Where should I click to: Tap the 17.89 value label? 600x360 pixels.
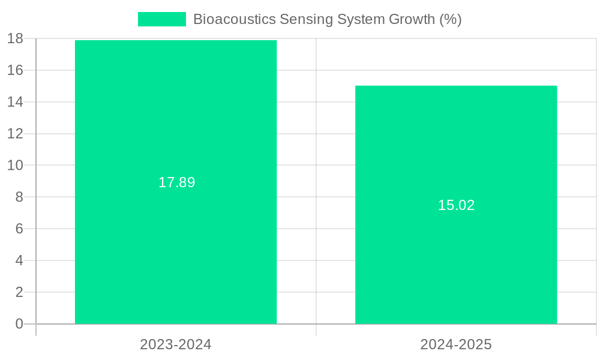point(176,182)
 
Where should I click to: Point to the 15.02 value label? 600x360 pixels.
point(456,205)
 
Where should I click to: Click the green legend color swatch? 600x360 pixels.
point(161,19)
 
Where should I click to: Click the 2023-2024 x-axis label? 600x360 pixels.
point(176,344)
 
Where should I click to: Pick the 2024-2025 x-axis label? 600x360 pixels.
point(456,344)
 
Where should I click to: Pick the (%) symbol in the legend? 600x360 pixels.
point(450,19)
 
